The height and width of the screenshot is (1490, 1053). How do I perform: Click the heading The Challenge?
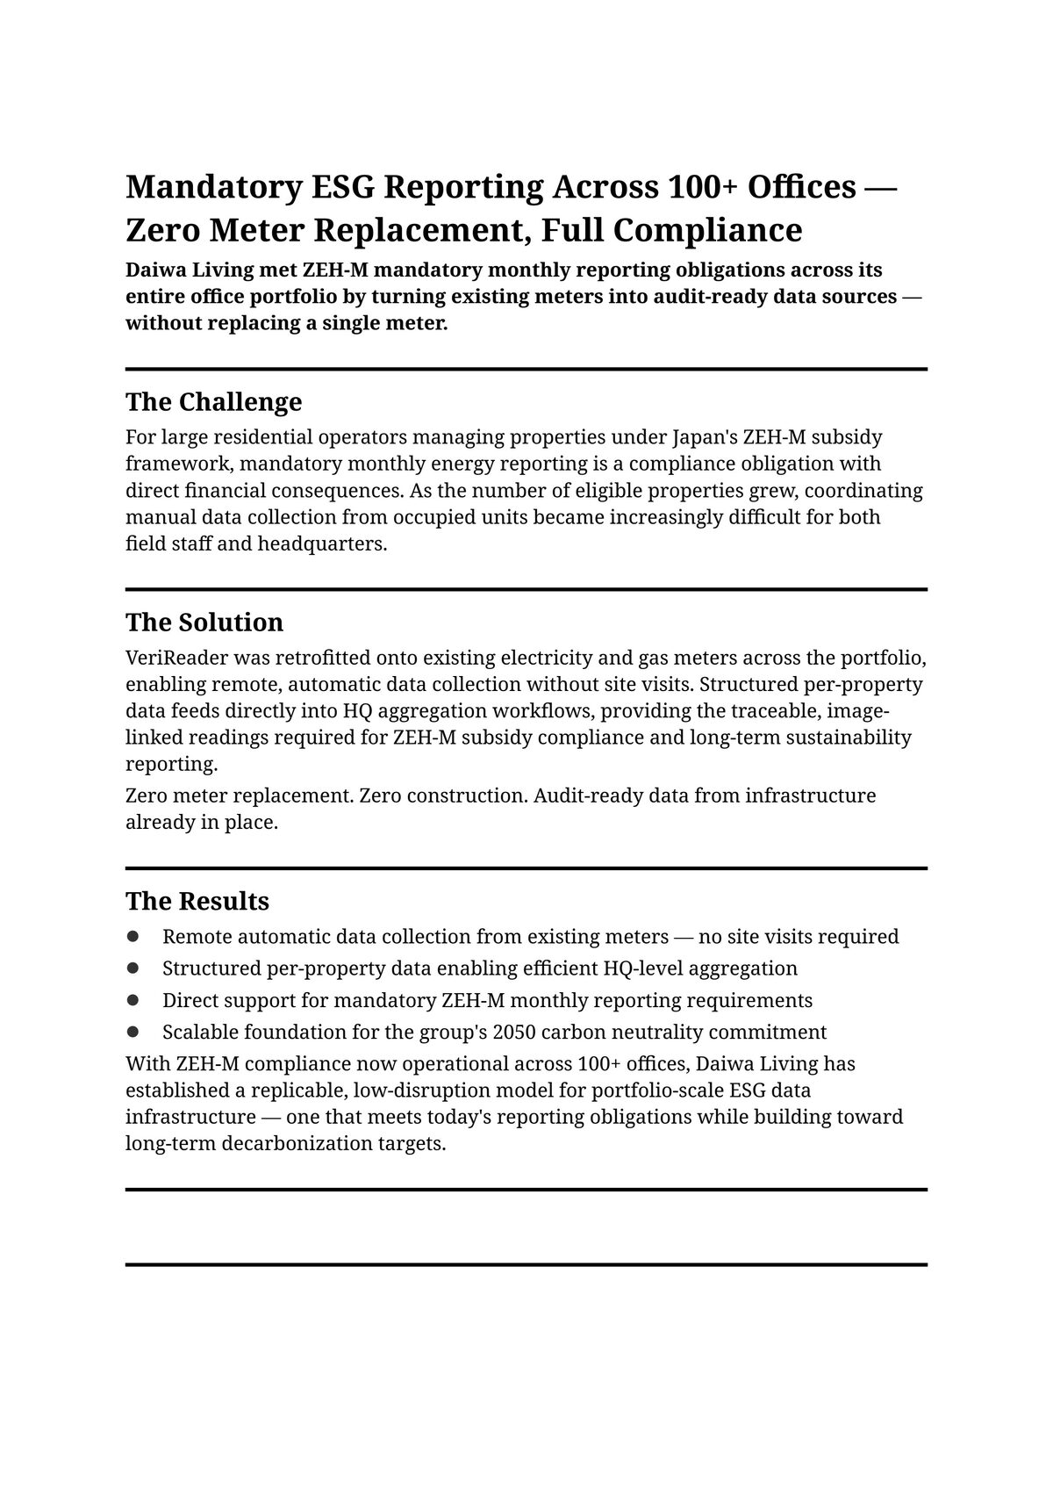tap(213, 402)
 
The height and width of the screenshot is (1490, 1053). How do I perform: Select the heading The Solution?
tap(204, 623)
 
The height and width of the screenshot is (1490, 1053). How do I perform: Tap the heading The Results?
tap(197, 902)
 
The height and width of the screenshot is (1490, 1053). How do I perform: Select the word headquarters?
tap(322, 543)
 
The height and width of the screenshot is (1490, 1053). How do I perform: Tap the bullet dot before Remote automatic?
tap(133, 937)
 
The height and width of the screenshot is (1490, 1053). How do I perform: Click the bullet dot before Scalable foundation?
tap(133, 1032)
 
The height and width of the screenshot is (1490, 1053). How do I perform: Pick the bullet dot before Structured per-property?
tap(133, 968)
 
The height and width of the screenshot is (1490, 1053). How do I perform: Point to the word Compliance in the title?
tap(708, 230)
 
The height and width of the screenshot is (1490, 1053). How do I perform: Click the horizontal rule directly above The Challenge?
tap(526, 370)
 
